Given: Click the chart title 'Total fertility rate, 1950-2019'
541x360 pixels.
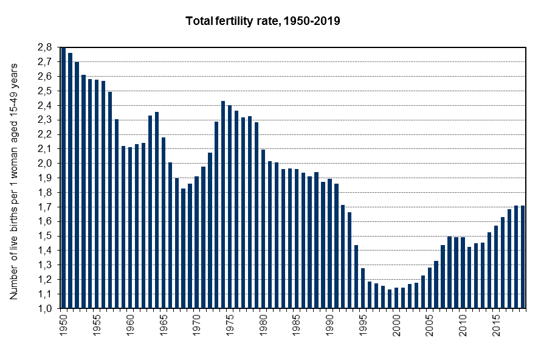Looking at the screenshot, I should click(x=263, y=21).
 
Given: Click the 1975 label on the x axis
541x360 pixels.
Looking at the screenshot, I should click(x=230, y=323).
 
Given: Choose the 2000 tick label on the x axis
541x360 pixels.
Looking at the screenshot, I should click(x=396, y=323).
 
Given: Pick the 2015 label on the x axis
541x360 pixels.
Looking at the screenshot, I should click(x=496, y=323).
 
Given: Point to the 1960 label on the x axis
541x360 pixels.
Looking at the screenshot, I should click(x=130, y=323).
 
